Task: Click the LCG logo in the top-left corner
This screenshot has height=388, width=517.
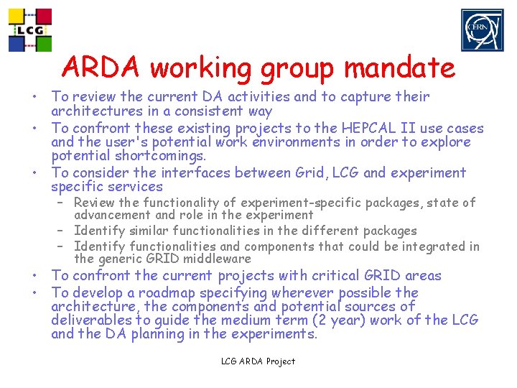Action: click(30, 30)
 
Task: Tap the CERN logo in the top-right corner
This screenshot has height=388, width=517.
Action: click(483, 30)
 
